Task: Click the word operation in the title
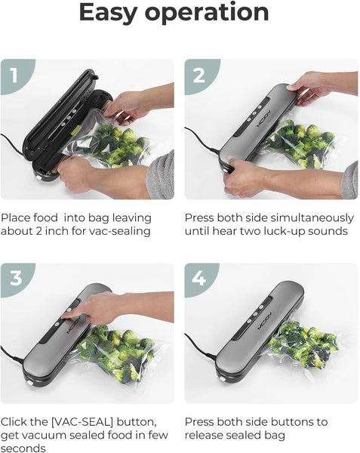(x=207, y=13)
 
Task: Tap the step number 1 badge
(x=15, y=75)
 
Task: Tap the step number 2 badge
(x=199, y=75)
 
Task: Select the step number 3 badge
(x=16, y=279)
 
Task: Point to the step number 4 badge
(x=199, y=279)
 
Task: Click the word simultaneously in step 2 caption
(x=309, y=218)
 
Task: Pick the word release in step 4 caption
(x=204, y=435)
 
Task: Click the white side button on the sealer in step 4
(x=222, y=379)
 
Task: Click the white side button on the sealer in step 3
(x=29, y=383)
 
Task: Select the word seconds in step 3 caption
(x=23, y=448)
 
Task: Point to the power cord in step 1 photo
(x=11, y=142)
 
